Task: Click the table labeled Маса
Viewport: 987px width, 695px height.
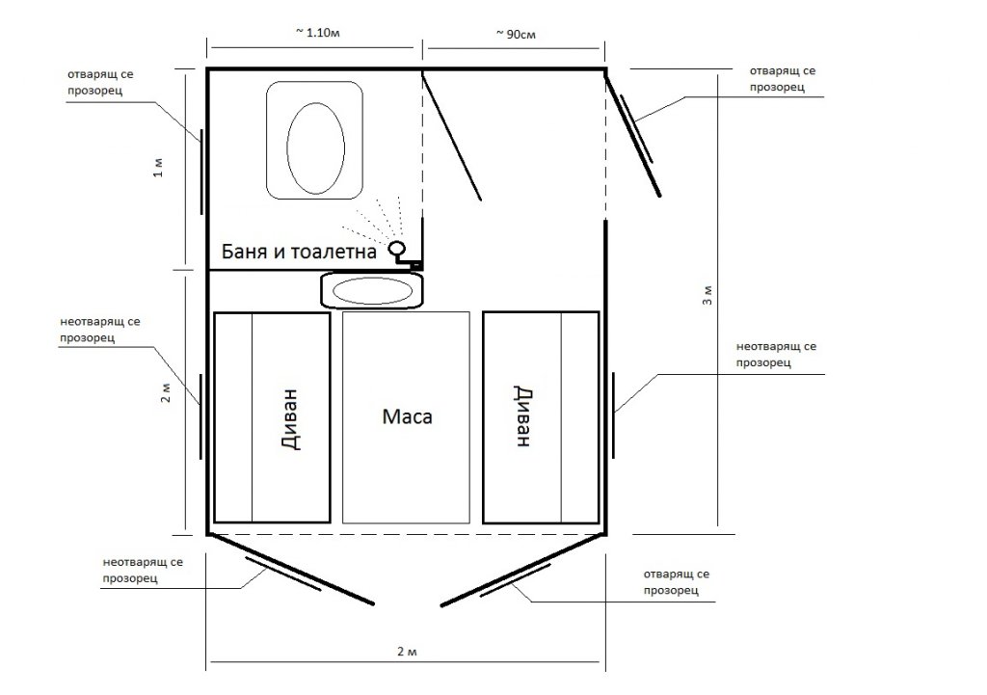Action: (406, 417)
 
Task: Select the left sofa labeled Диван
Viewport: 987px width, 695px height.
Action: (272, 417)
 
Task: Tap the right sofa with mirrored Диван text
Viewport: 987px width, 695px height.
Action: (541, 417)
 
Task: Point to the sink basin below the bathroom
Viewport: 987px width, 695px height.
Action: (373, 290)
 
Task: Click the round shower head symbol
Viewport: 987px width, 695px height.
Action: (397, 248)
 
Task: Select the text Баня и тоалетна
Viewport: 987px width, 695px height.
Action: (299, 252)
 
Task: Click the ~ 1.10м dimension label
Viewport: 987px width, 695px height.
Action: (317, 32)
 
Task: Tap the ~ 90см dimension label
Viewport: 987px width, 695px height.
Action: (516, 34)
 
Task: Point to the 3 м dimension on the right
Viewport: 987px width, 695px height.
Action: (707, 295)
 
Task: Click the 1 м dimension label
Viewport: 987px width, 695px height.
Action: (158, 168)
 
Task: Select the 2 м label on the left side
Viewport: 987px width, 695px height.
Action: (166, 393)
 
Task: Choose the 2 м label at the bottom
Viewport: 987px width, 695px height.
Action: (408, 651)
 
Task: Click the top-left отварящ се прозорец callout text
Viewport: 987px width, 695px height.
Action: (100, 82)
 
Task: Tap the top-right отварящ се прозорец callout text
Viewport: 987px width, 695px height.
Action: (783, 79)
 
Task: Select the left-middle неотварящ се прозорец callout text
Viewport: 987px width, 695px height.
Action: (100, 330)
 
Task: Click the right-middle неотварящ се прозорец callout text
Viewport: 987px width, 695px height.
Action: (776, 355)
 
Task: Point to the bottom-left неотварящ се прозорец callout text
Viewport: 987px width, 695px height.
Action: (143, 570)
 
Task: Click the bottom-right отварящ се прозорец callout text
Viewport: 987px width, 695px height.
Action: (677, 582)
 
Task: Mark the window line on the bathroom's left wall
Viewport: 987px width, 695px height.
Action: (201, 172)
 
